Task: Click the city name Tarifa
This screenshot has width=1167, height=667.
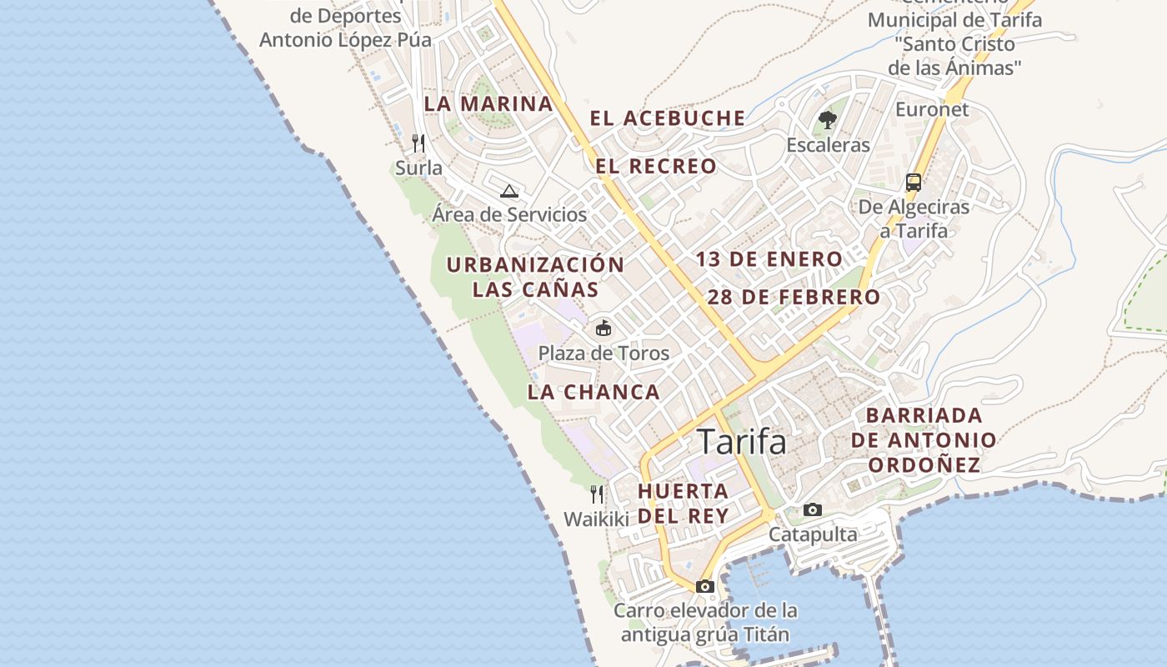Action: pyautogui.click(x=741, y=442)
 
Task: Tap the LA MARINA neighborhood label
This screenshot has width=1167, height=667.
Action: pyautogui.click(x=488, y=104)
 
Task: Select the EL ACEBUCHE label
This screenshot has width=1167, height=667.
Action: pyautogui.click(x=668, y=118)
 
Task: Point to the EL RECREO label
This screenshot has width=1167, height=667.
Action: pyautogui.click(x=656, y=166)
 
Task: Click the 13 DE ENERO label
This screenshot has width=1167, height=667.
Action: pyautogui.click(x=769, y=259)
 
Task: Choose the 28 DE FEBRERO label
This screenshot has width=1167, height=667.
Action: pyautogui.click(x=794, y=297)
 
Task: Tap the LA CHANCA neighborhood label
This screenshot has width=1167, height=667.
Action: pyautogui.click(x=594, y=392)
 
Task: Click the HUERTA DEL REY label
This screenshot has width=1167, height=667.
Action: pyautogui.click(x=684, y=503)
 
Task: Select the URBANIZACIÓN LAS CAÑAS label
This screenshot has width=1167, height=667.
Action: pyautogui.click(x=535, y=277)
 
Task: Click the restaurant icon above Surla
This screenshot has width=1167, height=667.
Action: pyautogui.click(x=418, y=143)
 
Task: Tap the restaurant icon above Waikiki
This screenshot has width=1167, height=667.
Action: pyautogui.click(x=597, y=494)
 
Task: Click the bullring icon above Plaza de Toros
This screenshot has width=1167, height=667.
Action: pyautogui.click(x=603, y=328)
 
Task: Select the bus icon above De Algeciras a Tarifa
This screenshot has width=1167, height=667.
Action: pyautogui.click(x=914, y=182)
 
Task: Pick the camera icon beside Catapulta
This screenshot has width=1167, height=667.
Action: pyautogui.click(x=812, y=509)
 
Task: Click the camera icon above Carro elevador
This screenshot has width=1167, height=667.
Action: pyautogui.click(x=705, y=586)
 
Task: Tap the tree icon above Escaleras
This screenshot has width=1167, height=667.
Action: pyautogui.click(x=827, y=121)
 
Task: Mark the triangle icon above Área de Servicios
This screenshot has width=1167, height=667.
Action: pyautogui.click(x=509, y=191)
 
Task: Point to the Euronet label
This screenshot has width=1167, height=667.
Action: pyautogui.click(x=932, y=109)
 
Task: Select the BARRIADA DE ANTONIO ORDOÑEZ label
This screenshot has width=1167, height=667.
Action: pyautogui.click(x=924, y=439)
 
